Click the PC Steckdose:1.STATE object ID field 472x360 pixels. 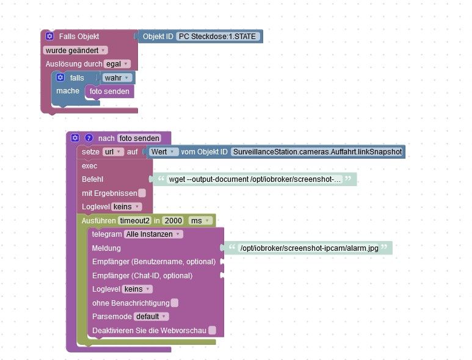click(x=219, y=37)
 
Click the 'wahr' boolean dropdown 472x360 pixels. click(x=118, y=78)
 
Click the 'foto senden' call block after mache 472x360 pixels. click(x=109, y=92)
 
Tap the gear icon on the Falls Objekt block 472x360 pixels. click(x=49, y=37)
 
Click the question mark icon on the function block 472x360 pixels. click(x=89, y=139)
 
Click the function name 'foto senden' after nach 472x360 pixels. click(x=139, y=139)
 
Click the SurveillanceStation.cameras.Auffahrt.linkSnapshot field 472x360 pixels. click(x=317, y=152)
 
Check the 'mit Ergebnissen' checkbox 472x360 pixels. click(x=142, y=193)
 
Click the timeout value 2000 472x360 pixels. click(x=173, y=220)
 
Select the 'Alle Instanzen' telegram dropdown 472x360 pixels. click(x=153, y=234)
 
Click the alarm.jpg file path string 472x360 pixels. click(x=308, y=248)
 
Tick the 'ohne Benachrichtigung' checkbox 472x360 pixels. click(x=175, y=303)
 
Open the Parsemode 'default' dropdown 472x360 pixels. click(x=151, y=317)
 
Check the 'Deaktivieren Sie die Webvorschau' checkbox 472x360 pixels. click(x=212, y=331)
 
